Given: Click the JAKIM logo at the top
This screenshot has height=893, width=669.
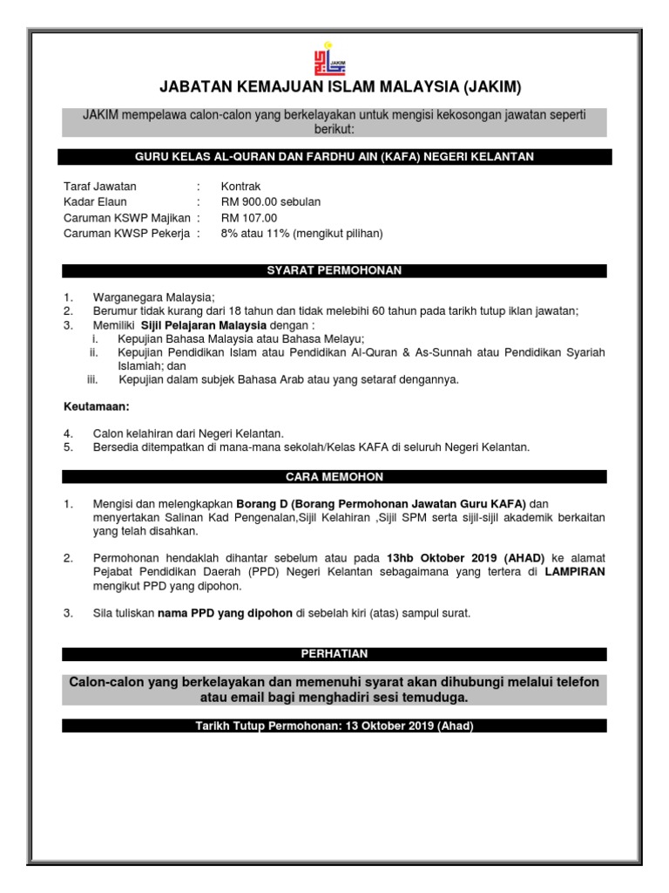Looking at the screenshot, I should point(334,58).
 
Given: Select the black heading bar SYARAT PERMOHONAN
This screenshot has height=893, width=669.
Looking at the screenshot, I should point(334,270).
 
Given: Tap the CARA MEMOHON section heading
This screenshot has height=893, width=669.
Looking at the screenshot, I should point(334,477).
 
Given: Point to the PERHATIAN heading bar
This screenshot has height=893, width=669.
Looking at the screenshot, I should point(334,654).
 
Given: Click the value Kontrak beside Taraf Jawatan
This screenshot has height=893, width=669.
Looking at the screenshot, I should point(240,187).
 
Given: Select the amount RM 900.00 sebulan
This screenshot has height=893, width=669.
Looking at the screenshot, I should point(270,202).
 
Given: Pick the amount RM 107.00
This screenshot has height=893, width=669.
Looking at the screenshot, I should point(249,218).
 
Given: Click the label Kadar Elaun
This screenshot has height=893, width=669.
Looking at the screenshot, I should point(96,202).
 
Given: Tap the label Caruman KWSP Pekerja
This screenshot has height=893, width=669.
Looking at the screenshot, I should point(126,234).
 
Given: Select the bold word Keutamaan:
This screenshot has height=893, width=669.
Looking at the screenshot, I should point(97,406).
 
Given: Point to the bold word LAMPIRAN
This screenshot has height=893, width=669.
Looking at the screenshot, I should point(575,572).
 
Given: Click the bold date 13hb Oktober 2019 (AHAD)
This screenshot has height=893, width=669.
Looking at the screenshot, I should point(466,558).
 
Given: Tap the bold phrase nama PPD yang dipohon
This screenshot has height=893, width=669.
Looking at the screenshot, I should point(225,613).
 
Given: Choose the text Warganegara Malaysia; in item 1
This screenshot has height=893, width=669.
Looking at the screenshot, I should point(153,297).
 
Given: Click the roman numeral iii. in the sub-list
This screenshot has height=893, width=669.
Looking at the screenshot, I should point(93,379).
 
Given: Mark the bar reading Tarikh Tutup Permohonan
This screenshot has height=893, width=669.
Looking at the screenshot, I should point(334,726).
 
